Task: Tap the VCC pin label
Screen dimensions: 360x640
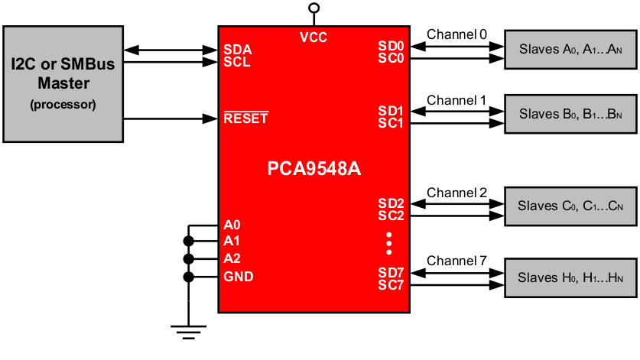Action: (x=314, y=37)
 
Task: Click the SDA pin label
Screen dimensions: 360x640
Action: (x=237, y=50)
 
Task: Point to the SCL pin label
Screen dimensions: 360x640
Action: (x=237, y=62)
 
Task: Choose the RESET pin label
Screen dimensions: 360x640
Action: (x=245, y=118)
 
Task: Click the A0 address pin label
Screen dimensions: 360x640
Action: (x=232, y=225)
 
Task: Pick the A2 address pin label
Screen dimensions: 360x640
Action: (x=232, y=258)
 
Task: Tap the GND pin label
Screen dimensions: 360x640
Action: (x=239, y=277)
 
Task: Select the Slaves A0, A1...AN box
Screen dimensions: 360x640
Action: (x=570, y=50)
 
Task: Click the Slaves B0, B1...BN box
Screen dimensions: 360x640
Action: (x=570, y=115)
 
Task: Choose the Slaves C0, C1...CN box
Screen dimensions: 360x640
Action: (x=570, y=206)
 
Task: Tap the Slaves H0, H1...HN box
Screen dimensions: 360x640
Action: (x=570, y=278)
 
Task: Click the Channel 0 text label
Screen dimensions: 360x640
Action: (x=456, y=34)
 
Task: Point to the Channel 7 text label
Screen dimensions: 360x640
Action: (x=456, y=261)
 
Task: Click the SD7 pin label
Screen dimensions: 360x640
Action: (x=391, y=273)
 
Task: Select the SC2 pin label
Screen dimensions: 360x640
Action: (x=391, y=216)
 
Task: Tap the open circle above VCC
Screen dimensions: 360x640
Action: (x=314, y=8)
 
